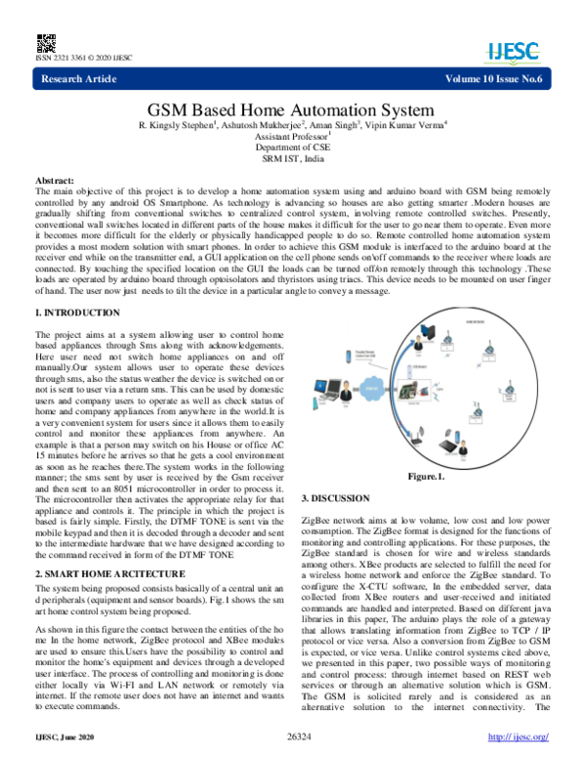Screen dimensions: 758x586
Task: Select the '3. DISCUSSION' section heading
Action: pos(334,500)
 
